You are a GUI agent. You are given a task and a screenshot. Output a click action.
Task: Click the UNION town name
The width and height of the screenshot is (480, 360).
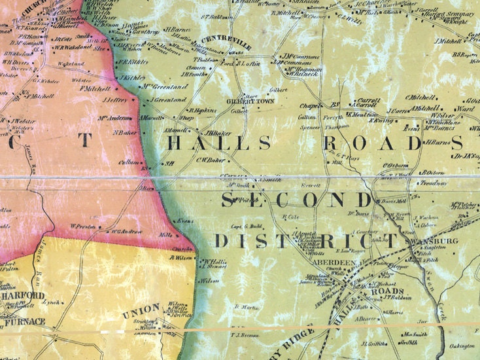pyautogui.click(x=141, y=308)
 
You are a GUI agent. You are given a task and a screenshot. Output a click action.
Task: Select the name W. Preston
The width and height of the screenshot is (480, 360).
pyautogui.click(x=83, y=226)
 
